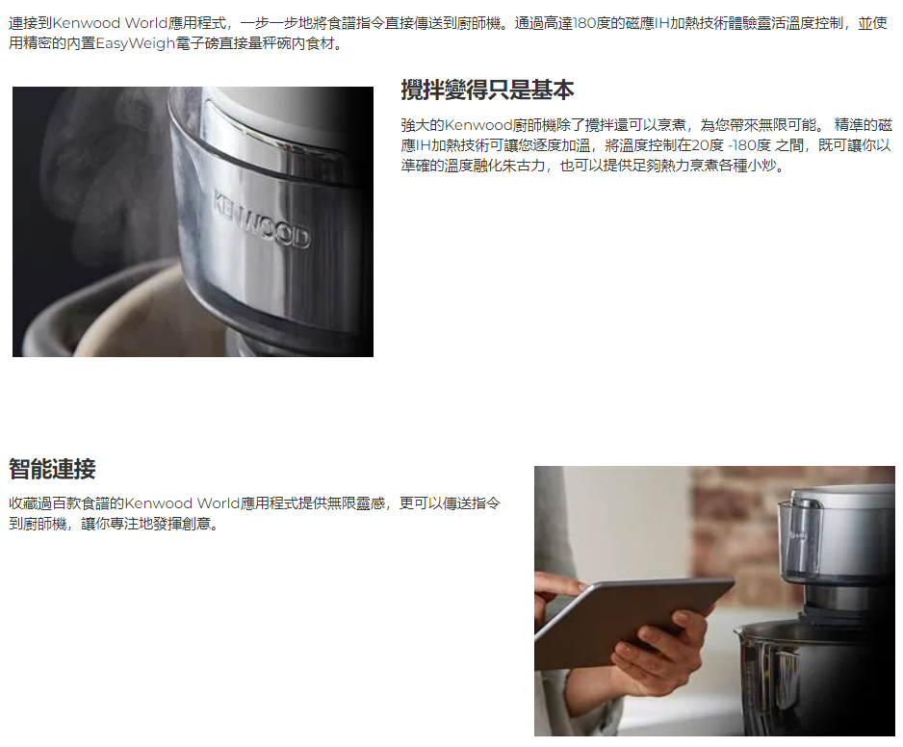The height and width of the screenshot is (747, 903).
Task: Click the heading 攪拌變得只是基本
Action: point(487,90)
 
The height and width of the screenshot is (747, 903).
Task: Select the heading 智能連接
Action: point(52,469)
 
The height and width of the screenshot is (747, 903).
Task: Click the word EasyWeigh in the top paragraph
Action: point(136,43)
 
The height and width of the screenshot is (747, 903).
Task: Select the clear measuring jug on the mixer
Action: point(800,537)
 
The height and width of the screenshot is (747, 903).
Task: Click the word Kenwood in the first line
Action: point(87,24)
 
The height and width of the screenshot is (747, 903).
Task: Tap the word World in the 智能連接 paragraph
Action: point(219,503)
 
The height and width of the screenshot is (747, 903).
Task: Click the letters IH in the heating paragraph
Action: point(424,145)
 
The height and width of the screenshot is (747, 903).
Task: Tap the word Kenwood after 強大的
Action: point(478,125)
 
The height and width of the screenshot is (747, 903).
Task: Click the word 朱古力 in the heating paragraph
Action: point(523,166)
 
